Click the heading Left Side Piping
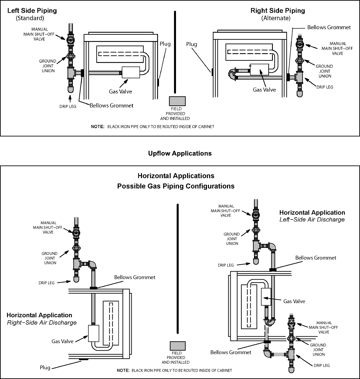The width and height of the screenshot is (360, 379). click(x=32, y=11)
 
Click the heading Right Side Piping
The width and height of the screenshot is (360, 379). click(x=278, y=11)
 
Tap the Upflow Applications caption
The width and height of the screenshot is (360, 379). click(x=180, y=153)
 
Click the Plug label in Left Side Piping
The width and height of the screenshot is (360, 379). click(x=165, y=44)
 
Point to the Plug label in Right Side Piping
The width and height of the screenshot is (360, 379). click(x=192, y=44)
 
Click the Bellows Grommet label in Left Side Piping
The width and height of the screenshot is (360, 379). click(x=111, y=105)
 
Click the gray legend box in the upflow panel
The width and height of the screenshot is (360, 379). click(x=177, y=101)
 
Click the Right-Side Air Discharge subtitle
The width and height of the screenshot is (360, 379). click(x=42, y=323)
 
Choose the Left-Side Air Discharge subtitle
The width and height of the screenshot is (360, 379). click(x=312, y=220)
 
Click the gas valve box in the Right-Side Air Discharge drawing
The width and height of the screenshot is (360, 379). click(x=94, y=333)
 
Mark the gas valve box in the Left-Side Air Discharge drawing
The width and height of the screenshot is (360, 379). click(x=267, y=296)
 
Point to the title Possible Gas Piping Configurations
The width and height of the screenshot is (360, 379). click(x=176, y=186)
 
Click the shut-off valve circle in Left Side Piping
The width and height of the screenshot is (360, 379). click(x=71, y=39)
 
